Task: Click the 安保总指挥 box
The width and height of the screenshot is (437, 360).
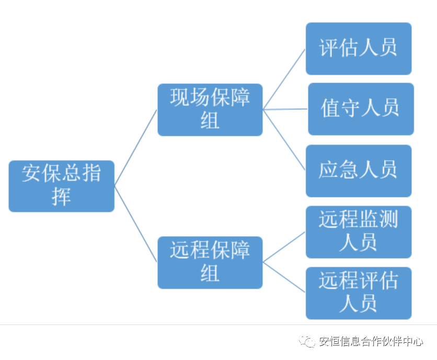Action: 61,186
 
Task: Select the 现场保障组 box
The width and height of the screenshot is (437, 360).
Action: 210,110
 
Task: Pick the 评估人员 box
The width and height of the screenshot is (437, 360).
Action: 358,49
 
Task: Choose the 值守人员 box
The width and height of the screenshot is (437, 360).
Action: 360,109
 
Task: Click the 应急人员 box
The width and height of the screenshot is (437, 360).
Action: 358,170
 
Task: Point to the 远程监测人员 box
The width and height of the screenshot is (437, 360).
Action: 358,232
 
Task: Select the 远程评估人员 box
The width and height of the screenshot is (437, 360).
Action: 358,293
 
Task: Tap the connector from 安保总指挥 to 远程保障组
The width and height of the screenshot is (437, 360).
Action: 136,224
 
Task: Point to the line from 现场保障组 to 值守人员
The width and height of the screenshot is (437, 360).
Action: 285,110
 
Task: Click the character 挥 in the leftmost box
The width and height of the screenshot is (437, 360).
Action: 61,197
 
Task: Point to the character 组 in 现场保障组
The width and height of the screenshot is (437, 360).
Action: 210,121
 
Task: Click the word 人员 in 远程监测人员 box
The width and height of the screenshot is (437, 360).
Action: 358,242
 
